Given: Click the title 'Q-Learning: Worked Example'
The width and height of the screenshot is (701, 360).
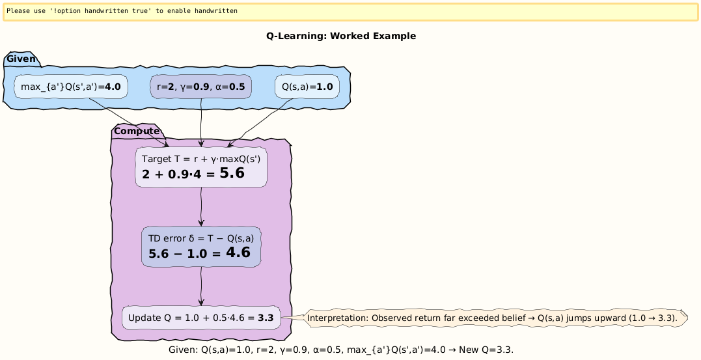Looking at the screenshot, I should pos(340,36).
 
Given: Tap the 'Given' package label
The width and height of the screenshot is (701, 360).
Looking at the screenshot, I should pos(21,60).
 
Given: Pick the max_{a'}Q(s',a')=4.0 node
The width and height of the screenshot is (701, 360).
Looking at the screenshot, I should pos(71,87).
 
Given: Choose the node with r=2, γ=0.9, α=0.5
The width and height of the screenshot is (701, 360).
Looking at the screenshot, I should pos(201,87).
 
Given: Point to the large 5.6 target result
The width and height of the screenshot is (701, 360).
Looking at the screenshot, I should pos(232,173).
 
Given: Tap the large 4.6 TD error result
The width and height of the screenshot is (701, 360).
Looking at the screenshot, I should pos(238,253).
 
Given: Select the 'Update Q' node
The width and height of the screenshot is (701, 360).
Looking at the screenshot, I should pos(201,318).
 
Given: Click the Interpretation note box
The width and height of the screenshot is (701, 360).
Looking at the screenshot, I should pos(495,318).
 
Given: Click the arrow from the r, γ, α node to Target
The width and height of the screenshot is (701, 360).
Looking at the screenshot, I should pos(202,123).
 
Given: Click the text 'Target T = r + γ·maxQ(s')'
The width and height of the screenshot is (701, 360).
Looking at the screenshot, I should pos(200,159).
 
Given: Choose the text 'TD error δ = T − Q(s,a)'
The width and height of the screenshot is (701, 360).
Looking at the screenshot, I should pos(200,238).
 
